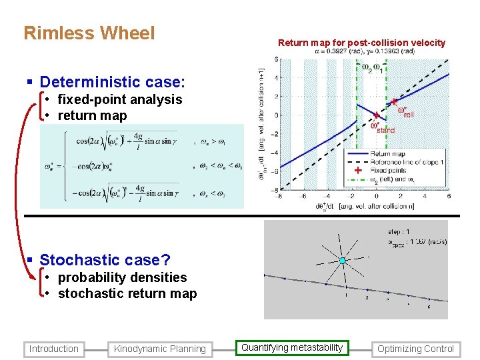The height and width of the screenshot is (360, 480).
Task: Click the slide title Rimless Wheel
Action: [89, 33]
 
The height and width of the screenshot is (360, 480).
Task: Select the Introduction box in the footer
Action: [54, 349]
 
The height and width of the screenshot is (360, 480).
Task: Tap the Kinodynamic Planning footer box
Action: [159, 349]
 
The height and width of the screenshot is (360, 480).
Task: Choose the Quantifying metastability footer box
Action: [292, 347]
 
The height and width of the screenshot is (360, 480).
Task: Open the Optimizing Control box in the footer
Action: [415, 349]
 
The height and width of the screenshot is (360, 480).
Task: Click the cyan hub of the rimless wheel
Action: [342, 261]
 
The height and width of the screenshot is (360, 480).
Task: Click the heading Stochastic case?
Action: [105, 260]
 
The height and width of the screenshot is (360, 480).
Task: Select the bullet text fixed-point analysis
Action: [120, 99]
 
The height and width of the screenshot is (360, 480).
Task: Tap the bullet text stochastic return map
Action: [127, 293]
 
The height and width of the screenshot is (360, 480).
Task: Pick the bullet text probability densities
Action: [122, 277]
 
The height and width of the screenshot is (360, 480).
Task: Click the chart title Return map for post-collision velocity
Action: [361, 43]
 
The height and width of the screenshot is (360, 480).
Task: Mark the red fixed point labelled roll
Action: [395, 103]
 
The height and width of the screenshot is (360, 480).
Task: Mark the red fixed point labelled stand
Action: [376, 115]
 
